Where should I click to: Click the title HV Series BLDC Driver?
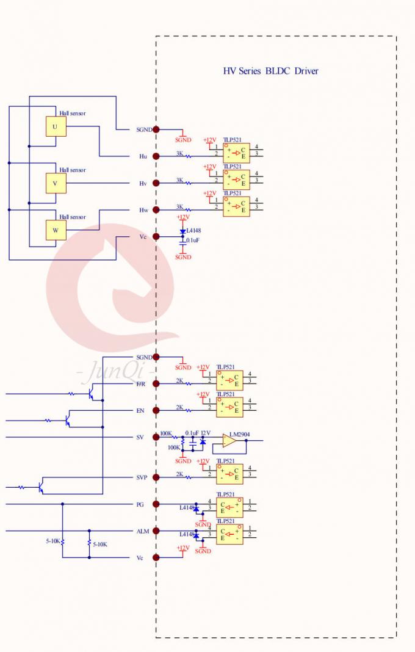click(x=270, y=71)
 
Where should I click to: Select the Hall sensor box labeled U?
click(x=56, y=126)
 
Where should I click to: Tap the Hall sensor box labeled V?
click(x=56, y=183)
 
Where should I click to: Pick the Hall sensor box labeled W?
click(x=56, y=231)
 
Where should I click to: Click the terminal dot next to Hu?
click(x=156, y=156)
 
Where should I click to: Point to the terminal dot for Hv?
click(x=156, y=183)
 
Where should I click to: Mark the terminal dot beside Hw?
click(x=156, y=210)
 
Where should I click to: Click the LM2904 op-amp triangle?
click(x=229, y=441)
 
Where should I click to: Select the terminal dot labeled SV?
click(x=156, y=437)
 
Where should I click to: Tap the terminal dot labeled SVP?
click(x=156, y=477)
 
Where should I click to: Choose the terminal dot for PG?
click(x=156, y=504)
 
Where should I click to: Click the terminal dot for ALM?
click(x=156, y=531)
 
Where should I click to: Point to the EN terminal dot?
click(x=156, y=410)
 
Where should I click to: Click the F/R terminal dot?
click(x=156, y=383)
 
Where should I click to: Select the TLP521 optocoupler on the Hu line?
click(x=236, y=153)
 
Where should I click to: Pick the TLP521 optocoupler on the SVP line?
click(x=230, y=473)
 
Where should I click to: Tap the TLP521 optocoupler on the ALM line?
click(x=230, y=534)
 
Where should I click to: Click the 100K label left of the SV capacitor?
click(x=174, y=447)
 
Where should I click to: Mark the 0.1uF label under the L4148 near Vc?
click(x=193, y=241)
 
